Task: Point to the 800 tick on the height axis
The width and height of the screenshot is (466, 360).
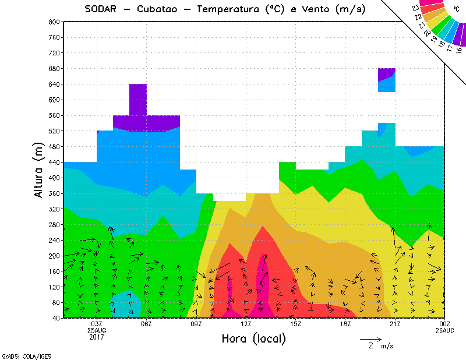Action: pyautogui.click(x=54, y=22)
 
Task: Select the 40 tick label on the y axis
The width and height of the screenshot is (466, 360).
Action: pyautogui.click(x=55, y=318)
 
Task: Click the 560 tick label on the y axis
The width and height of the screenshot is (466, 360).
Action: pyautogui.click(x=54, y=115)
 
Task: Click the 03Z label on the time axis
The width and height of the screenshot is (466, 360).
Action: pyautogui.click(x=97, y=324)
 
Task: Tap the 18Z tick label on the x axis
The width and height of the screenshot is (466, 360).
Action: pyautogui.click(x=345, y=324)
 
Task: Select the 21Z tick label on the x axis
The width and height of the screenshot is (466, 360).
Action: pyautogui.click(x=395, y=324)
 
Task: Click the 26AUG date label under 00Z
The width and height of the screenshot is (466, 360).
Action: pyautogui.click(x=444, y=330)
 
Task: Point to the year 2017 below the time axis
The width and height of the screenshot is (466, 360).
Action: pyautogui.click(x=97, y=337)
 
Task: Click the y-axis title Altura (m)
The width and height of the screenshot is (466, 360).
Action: pyautogui.click(x=39, y=170)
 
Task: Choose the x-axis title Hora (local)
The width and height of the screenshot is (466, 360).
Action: pyautogui.click(x=253, y=338)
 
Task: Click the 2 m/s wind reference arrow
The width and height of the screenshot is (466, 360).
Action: pyautogui.click(x=370, y=338)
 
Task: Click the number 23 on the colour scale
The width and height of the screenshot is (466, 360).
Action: pyautogui.click(x=416, y=8)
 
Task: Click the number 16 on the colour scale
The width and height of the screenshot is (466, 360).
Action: pyautogui.click(x=459, y=50)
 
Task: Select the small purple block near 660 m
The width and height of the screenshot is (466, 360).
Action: pyautogui.click(x=387, y=74)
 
